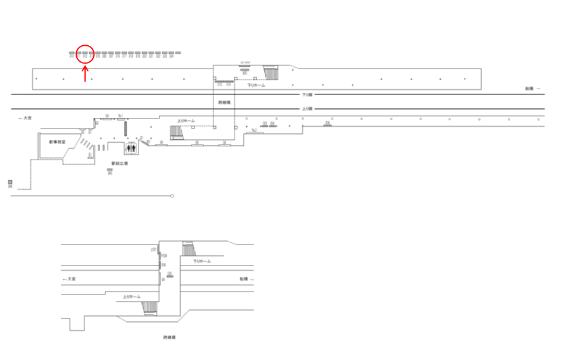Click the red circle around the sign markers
point(85,54)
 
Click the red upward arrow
point(85,74)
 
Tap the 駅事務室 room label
point(57,142)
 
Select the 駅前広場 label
point(120,163)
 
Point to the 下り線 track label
point(307,95)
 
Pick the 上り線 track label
point(307,109)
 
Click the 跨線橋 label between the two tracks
point(224,102)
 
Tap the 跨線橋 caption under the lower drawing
point(170,337)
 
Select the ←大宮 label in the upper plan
point(25,118)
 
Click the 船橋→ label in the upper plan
point(532,89)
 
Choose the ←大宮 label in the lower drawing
point(69,278)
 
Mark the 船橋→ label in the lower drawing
point(247,278)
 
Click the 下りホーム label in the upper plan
point(256,86)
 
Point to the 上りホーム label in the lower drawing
point(131,296)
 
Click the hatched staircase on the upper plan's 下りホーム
point(271,74)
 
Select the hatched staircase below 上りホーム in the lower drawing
point(149,308)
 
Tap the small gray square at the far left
point(10,182)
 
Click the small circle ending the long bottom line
point(172,196)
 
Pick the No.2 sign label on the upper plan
point(254,130)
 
